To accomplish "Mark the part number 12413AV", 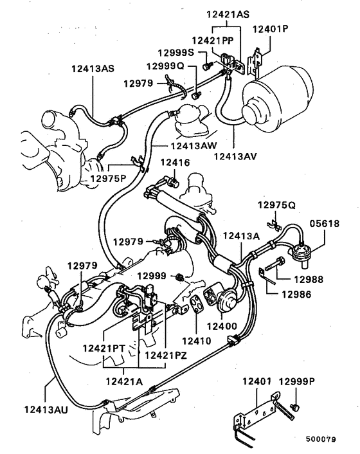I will pyautogui.click(x=235, y=155).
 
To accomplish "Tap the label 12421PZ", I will pyautogui.click(x=165, y=354).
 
